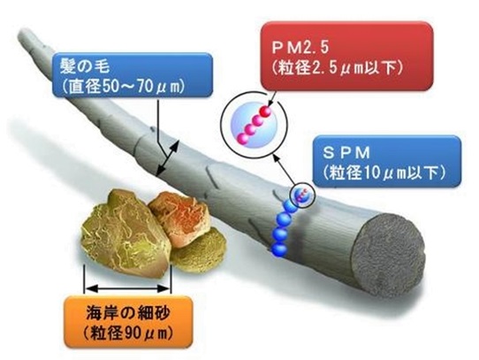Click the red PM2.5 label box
point(346,57)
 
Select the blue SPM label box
point(387,161)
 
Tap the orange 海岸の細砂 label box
point(129,322)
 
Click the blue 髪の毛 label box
point(133,75)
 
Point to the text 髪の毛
point(85,65)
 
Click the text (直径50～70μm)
point(123,87)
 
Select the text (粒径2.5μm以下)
point(338,68)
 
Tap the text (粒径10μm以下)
point(384,173)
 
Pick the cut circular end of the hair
point(389,254)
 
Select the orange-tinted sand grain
point(179,218)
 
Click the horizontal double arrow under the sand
point(127,288)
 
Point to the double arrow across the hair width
point(167,157)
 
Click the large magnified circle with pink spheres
point(255,125)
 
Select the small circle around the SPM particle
point(302,195)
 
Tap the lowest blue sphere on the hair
point(279,249)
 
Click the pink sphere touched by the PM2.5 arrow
point(265,112)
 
